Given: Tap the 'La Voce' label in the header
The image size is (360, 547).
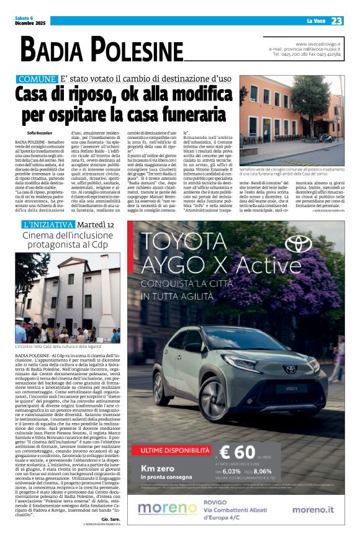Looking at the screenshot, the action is point(316,21).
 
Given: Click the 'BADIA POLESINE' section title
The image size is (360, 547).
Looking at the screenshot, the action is point(102,50).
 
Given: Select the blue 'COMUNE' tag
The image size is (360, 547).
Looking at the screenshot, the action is point(37,79).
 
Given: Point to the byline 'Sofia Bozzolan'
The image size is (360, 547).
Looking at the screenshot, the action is point(40,132).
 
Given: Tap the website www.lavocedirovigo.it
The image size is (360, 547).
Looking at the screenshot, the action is point(318,44).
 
